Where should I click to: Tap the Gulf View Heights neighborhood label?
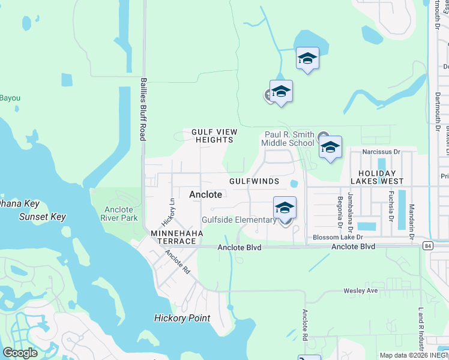click(214, 136)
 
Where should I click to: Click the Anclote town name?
click(206, 194)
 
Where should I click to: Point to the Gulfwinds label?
click(254, 181)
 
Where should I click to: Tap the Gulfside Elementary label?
click(239, 220)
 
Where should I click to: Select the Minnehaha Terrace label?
click(173, 236)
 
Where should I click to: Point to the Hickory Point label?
click(182, 318)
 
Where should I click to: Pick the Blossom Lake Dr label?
click(338, 238)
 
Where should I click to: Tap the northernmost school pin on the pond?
click(307, 59)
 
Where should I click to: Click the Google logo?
click(20, 353)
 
